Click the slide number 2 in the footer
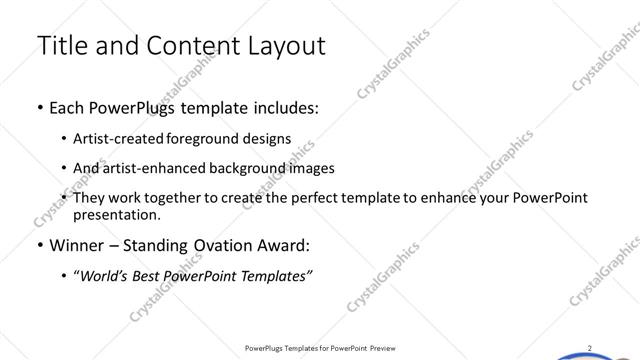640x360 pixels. tap(590, 348)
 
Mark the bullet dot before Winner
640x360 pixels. tap(39, 245)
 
